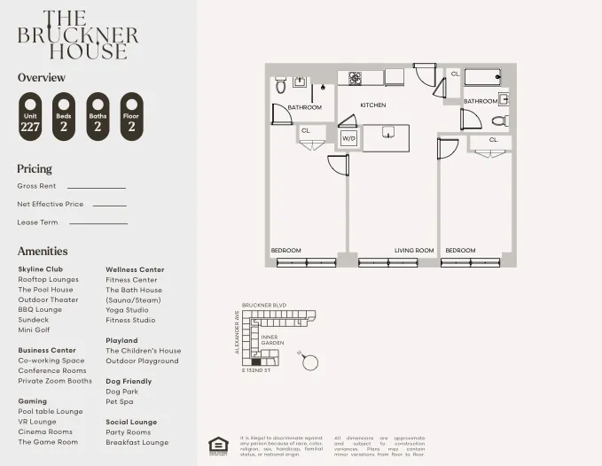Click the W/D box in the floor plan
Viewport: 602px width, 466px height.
(348, 138)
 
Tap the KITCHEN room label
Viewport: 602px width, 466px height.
(372, 105)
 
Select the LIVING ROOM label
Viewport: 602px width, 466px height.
(413, 251)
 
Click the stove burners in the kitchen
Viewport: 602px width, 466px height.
(355, 78)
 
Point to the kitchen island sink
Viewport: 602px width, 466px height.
(387, 132)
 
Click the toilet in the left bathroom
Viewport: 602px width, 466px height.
(280, 86)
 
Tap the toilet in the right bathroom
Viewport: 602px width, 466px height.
(499, 120)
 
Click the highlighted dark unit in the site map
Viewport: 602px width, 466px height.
(256, 361)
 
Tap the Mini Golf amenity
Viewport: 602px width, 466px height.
(35, 330)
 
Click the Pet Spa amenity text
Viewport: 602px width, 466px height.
(119, 401)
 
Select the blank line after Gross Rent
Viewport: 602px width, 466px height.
(97, 188)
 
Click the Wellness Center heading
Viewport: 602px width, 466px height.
(135, 269)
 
